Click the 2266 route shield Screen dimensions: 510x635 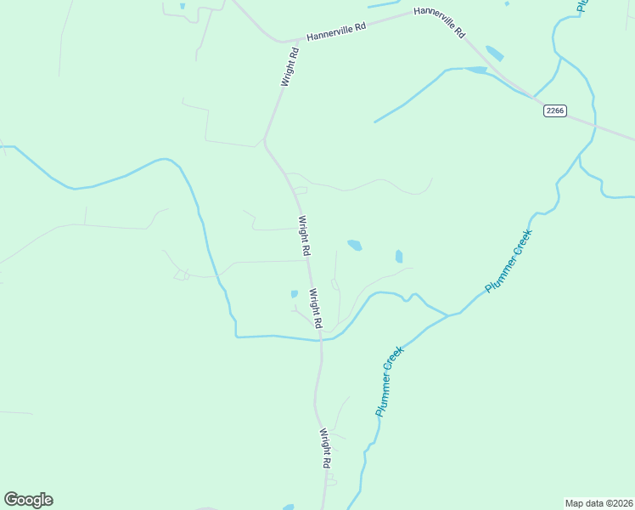click(x=555, y=110)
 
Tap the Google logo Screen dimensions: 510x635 click(x=28, y=500)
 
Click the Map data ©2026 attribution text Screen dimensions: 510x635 click(x=598, y=503)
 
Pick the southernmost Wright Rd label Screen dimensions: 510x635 click(x=324, y=449)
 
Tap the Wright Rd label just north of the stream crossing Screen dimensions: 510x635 click(x=315, y=309)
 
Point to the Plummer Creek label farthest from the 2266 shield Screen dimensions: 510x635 click(x=389, y=386)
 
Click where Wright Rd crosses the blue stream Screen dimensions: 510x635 click(x=321, y=338)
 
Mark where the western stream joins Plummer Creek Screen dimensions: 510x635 click(x=447, y=315)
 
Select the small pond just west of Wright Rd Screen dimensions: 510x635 click(x=295, y=294)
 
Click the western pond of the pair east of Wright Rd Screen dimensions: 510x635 click(x=355, y=246)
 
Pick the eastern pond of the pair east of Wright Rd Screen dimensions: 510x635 click(x=399, y=256)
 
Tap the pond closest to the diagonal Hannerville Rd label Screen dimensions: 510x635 click(x=494, y=54)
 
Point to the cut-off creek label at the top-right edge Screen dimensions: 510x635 click(x=582, y=5)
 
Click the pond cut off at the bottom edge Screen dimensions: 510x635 click(x=289, y=507)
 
